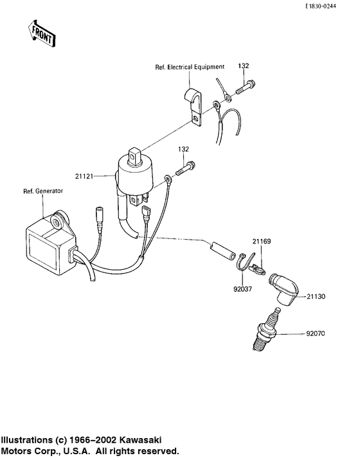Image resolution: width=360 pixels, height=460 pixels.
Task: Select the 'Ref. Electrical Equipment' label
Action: [x=189, y=66]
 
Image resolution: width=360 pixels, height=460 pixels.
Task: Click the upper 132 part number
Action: [x=244, y=66]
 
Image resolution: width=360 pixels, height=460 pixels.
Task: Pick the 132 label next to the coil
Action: [x=184, y=149]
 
